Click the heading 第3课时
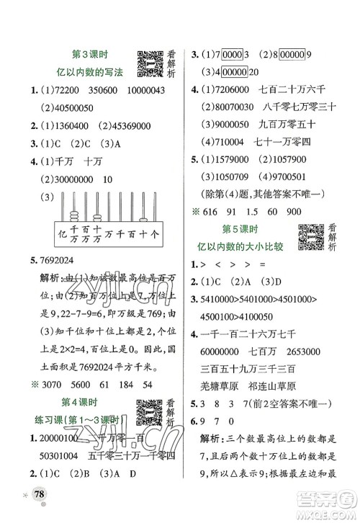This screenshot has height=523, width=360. click(x=91, y=54)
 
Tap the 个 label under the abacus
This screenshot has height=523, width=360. click(x=156, y=235)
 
